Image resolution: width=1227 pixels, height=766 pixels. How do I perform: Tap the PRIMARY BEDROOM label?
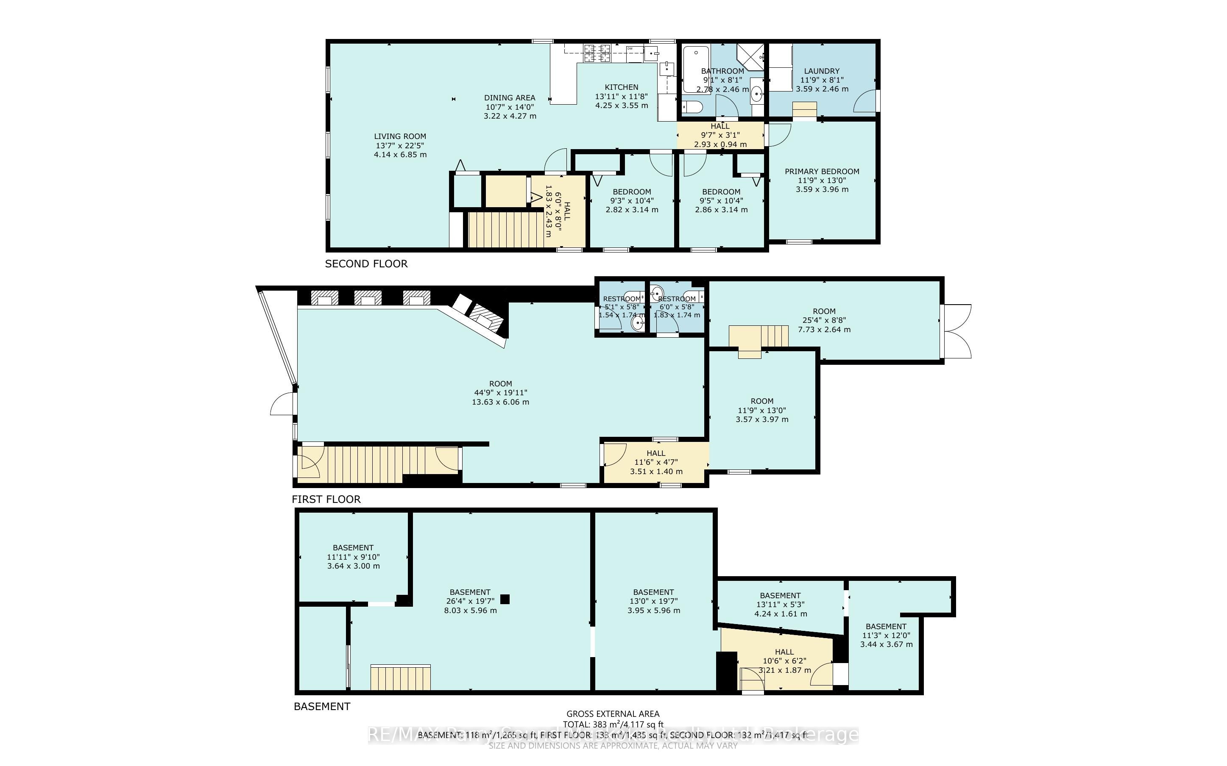click(x=822, y=172)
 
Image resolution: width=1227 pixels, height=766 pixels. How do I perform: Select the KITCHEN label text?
click(x=622, y=87)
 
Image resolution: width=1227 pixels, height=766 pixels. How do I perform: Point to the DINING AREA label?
click(x=509, y=98)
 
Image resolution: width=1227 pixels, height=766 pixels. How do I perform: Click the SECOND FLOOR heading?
click(x=366, y=264)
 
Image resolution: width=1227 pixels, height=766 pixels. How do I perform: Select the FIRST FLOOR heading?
click(x=326, y=500)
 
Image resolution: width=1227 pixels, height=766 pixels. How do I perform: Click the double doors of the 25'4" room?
click(x=957, y=331)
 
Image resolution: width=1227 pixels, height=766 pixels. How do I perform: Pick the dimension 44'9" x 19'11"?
click(x=500, y=393)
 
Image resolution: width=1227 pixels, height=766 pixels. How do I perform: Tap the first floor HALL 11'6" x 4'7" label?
click(x=656, y=453)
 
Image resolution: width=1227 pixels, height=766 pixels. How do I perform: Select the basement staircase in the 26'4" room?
click(x=400, y=678)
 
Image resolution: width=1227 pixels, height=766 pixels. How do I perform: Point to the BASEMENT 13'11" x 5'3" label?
click(x=780, y=596)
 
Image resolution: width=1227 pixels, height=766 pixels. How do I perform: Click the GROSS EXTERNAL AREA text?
click(x=613, y=714)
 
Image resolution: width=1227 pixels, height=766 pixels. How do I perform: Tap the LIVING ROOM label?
click(x=400, y=136)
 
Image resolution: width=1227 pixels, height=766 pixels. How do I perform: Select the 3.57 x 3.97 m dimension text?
click(x=762, y=419)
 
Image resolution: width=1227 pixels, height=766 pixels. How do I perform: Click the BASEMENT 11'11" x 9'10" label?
click(x=353, y=548)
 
